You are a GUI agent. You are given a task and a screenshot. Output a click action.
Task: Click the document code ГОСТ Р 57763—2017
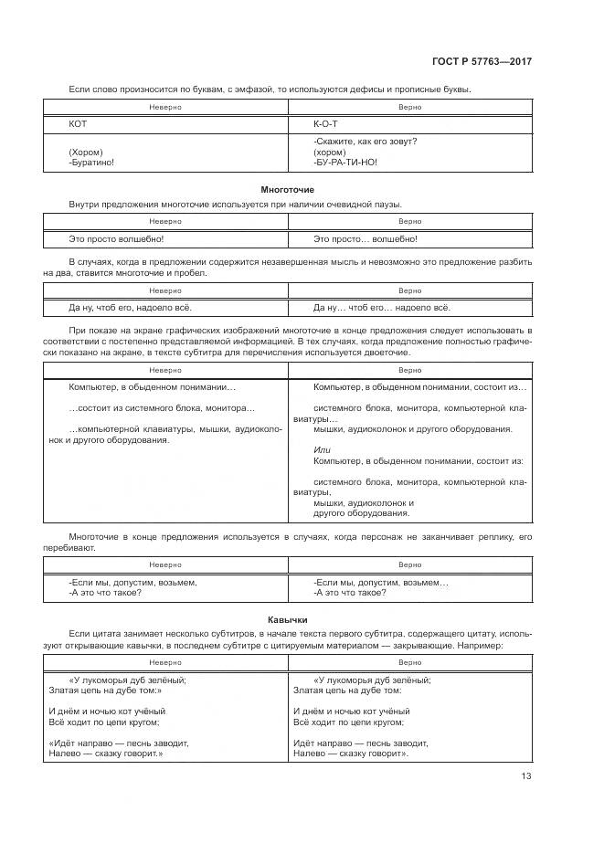point(482,61)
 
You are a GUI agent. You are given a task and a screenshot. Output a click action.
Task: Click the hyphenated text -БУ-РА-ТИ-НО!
point(345,162)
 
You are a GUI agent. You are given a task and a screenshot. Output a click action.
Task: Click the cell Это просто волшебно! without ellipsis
point(116,238)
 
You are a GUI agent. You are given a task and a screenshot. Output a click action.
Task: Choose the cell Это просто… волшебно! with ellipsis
point(365,238)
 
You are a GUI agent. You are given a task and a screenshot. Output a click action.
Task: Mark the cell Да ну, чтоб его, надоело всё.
point(131,307)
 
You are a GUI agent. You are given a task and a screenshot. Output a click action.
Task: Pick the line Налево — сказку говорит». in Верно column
point(351,754)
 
